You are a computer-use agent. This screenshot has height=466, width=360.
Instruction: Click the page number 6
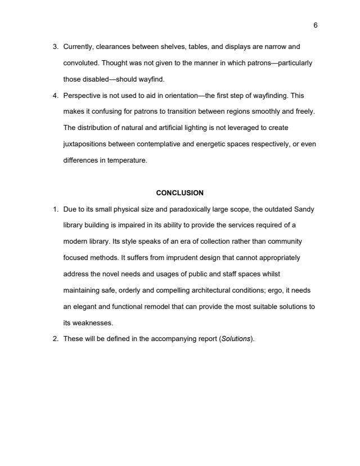tap(316, 25)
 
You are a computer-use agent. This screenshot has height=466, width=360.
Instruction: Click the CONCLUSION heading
tap(180, 193)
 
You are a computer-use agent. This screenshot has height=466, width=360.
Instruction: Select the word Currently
tap(79, 46)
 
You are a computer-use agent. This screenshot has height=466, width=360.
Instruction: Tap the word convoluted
tap(80, 62)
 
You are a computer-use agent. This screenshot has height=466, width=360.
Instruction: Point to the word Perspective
tap(82, 96)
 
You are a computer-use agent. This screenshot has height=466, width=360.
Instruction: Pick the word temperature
tap(128, 160)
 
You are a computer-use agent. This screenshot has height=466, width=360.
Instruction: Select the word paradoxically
tap(185, 209)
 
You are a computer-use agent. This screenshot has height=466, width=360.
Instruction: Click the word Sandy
tap(304, 209)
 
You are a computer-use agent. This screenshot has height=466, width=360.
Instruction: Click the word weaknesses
tap(90, 323)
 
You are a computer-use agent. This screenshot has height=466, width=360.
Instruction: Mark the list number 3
tap(55, 46)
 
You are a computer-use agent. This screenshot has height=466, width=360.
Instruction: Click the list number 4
tap(55, 96)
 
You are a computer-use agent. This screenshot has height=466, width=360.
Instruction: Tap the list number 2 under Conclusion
tap(55, 339)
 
